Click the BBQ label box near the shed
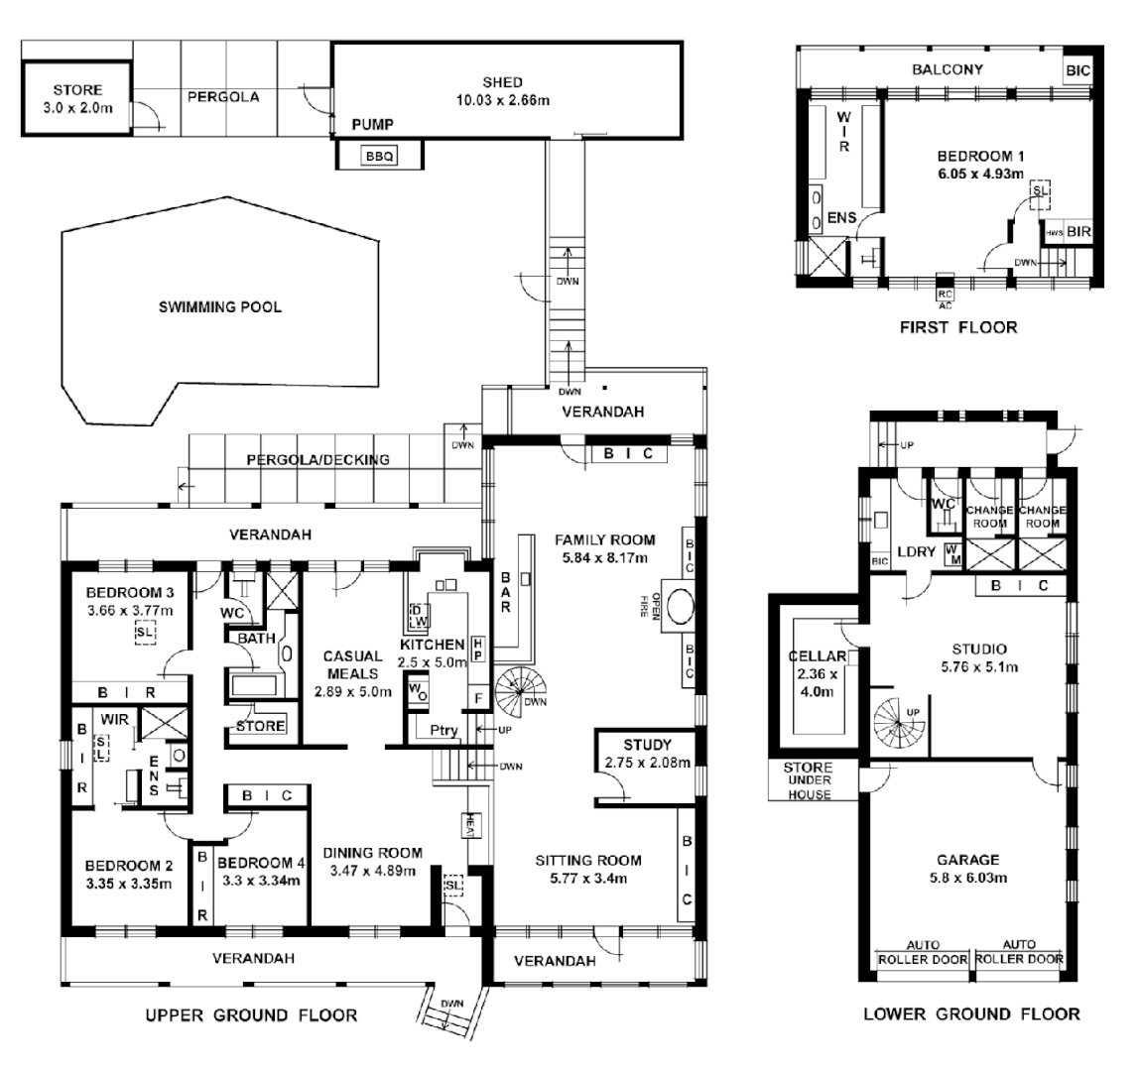[x=379, y=156]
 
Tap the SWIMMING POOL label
[x=220, y=306]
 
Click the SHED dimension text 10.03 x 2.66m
[x=503, y=99]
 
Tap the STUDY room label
[x=647, y=745]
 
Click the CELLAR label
[x=816, y=656]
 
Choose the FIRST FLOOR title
[x=958, y=326]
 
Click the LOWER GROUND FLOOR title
[x=970, y=1013]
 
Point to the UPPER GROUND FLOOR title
[x=251, y=1014]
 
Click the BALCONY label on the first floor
[x=947, y=69]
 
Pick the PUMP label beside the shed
[x=373, y=125]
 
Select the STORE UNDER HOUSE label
[x=809, y=781]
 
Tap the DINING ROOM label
[x=376, y=853]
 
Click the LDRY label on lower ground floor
[x=915, y=551]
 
